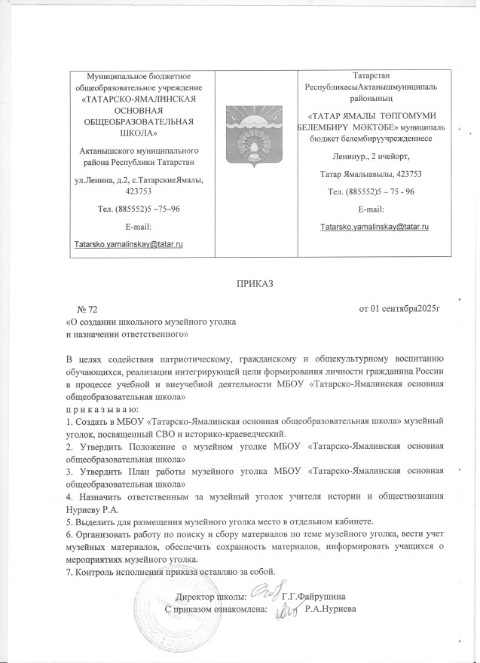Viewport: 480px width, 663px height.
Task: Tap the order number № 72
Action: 87,310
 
